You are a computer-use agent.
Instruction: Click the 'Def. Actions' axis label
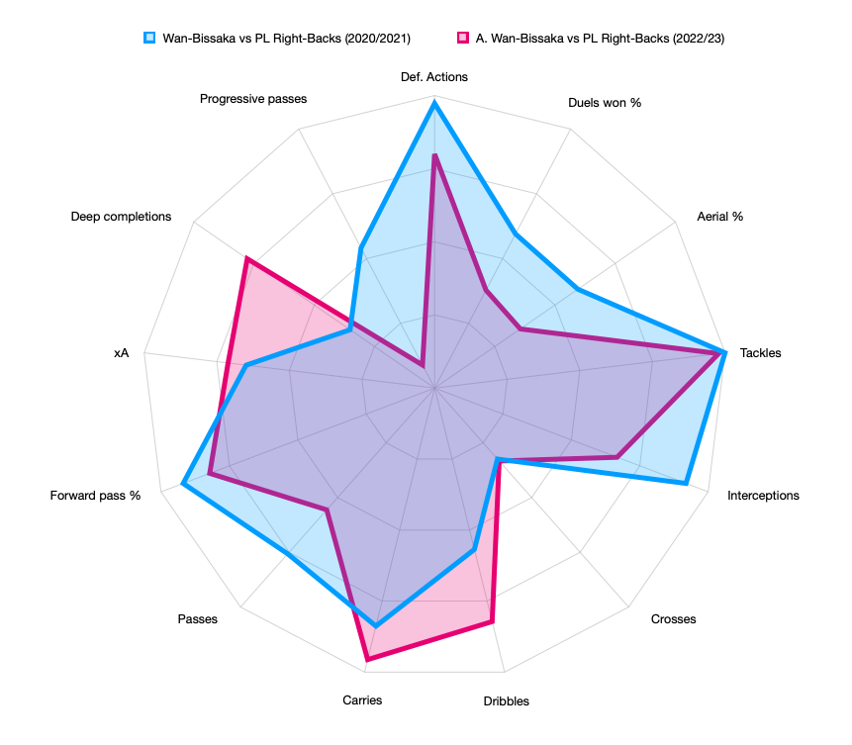pyautogui.click(x=434, y=76)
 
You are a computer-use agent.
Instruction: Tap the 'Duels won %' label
pyautogui.click(x=605, y=102)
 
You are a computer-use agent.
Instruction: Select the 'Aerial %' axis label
pyautogui.click(x=719, y=216)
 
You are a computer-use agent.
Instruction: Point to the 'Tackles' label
pyautogui.click(x=760, y=352)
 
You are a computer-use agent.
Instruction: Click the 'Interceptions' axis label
pyautogui.click(x=763, y=495)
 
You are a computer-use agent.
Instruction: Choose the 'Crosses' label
pyautogui.click(x=673, y=619)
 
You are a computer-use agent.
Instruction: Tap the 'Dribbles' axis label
pyautogui.click(x=506, y=701)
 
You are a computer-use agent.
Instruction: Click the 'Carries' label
pyautogui.click(x=362, y=699)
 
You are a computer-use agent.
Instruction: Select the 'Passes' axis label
pyautogui.click(x=198, y=619)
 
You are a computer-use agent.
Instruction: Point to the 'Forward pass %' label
pyautogui.click(x=95, y=495)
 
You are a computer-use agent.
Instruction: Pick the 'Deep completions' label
pyautogui.click(x=121, y=216)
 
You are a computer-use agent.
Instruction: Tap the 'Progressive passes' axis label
pyautogui.click(x=253, y=99)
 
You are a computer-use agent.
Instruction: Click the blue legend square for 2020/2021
pyautogui.click(x=149, y=38)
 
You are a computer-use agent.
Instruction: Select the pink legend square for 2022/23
pyautogui.click(x=460, y=38)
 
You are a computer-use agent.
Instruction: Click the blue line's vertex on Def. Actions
pyautogui.click(x=434, y=102)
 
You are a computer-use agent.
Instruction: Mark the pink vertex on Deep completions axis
pyautogui.click(x=246, y=260)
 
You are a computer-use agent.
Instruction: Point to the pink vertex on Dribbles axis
pyautogui.click(x=492, y=621)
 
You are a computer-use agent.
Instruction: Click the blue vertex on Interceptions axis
pyautogui.click(x=686, y=484)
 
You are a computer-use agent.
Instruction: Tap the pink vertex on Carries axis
pyautogui.click(x=367, y=659)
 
